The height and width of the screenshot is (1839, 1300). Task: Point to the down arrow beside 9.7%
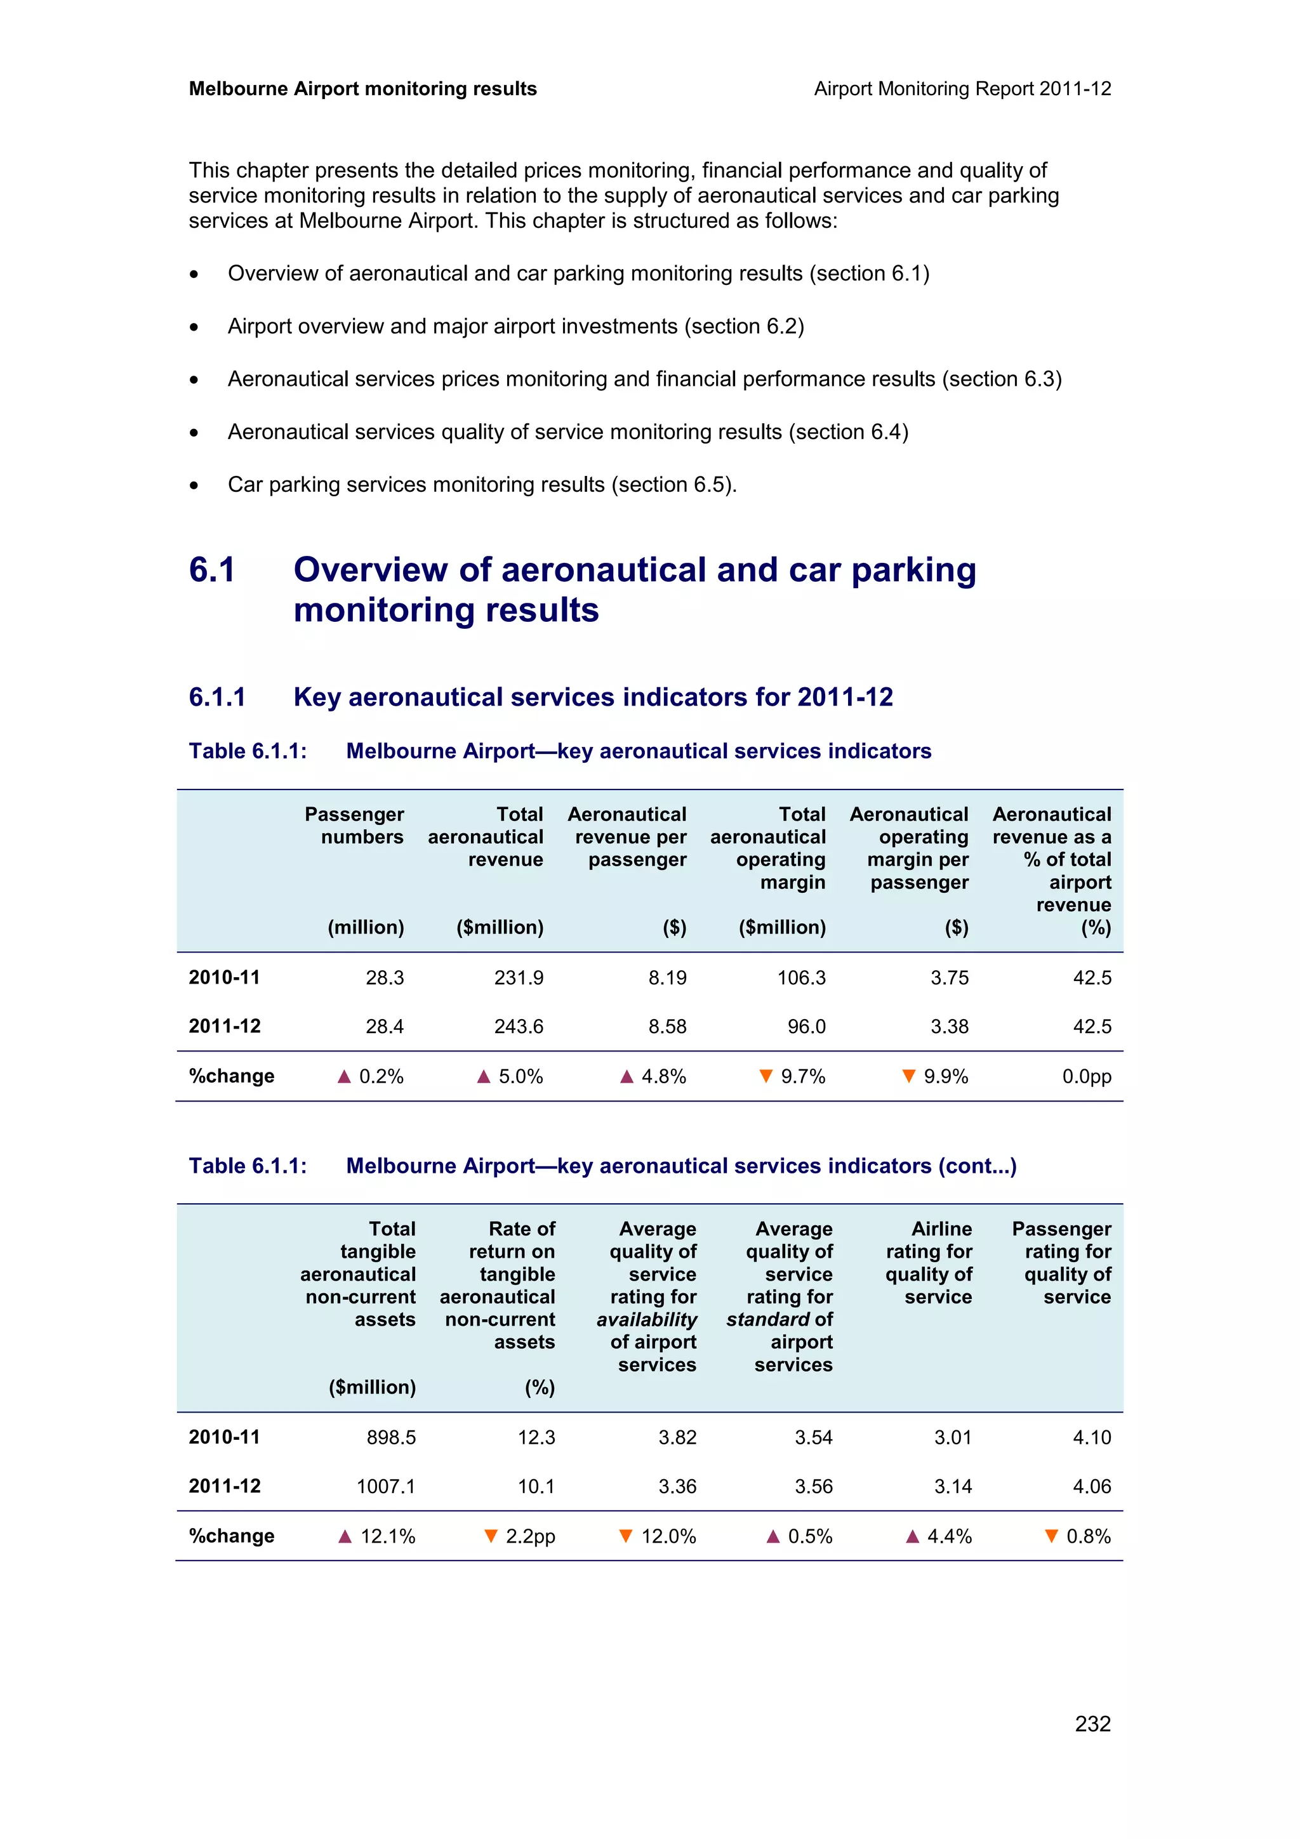tap(766, 1076)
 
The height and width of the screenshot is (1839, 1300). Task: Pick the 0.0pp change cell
tap(1086, 1076)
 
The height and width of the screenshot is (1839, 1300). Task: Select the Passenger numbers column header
tap(354, 825)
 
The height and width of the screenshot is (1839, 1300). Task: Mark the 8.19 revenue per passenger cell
tap(667, 977)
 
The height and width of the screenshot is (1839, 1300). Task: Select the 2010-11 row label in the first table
tap(224, 977)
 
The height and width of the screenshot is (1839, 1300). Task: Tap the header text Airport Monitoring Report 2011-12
tap(962, 89)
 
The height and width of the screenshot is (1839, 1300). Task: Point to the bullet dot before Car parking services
tap(194, 485)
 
